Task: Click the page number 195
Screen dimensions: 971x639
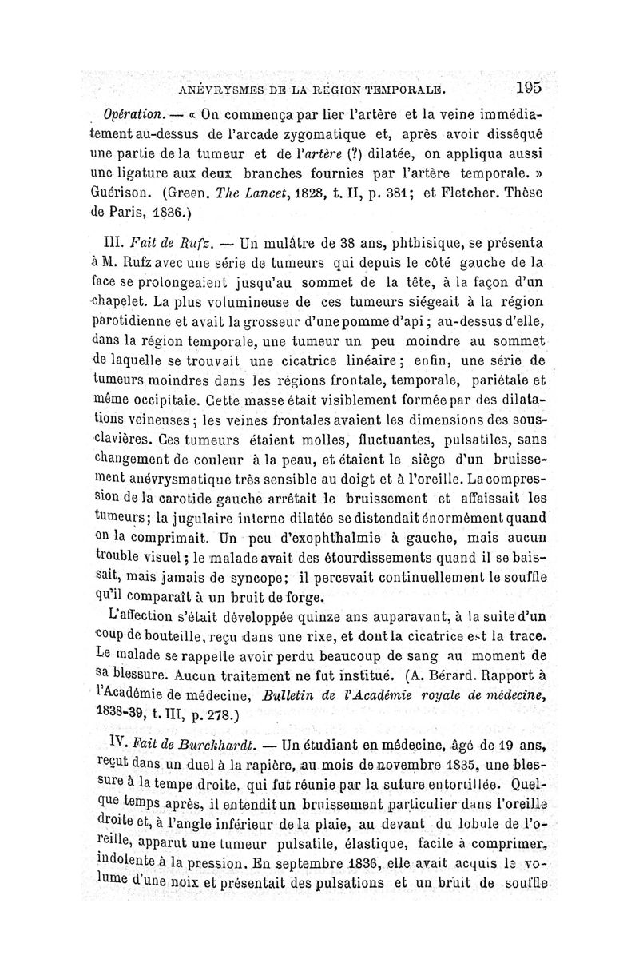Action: click(529, 86)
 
